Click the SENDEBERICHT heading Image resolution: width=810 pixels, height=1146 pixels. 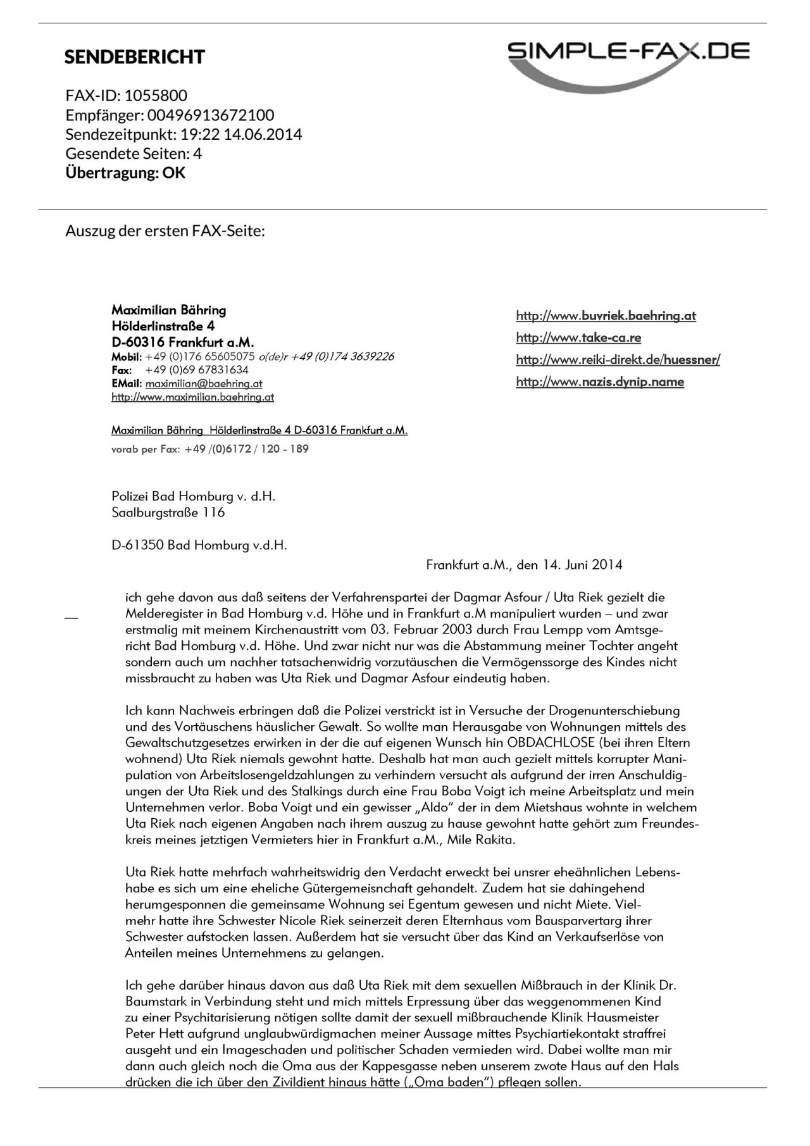pos(134,57)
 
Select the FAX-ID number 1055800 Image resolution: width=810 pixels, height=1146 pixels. pos(156,96)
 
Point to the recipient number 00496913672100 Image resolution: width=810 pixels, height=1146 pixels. pos(211,115)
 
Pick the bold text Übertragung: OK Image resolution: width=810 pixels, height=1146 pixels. pos(125,173)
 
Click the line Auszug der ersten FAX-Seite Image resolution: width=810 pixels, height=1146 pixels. pos(165,231)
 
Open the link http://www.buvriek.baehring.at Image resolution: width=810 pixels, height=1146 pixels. pos(606,316)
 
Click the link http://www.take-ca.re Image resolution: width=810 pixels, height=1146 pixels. pos(578,338)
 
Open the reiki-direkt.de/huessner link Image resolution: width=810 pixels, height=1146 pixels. pos(618,360)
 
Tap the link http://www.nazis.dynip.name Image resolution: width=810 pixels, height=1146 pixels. pos(600,382)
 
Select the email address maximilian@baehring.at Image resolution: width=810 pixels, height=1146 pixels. pos(204,383)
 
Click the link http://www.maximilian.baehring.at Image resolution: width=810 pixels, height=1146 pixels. pos(192,397)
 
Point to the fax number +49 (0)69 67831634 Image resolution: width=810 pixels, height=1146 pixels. pos(197,370)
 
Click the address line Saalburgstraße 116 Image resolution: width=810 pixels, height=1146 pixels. pos(168,513)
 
